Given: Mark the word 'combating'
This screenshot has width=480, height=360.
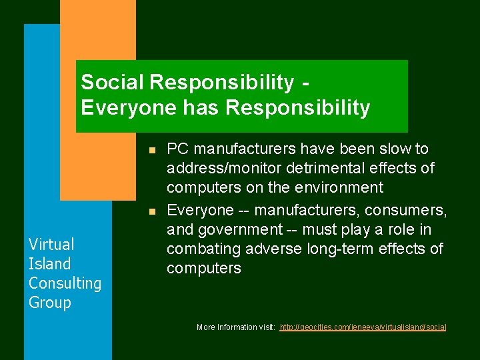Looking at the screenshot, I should (200, 249).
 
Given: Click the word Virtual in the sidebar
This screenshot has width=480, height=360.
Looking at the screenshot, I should (51, 245).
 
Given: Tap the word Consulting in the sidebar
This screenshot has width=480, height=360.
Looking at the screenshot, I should (65, 283).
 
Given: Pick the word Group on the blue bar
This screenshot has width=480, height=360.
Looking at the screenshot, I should (49, 303).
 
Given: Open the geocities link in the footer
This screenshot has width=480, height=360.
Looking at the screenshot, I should (363, 327).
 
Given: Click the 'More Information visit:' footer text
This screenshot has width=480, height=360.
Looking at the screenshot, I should (236, 327).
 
